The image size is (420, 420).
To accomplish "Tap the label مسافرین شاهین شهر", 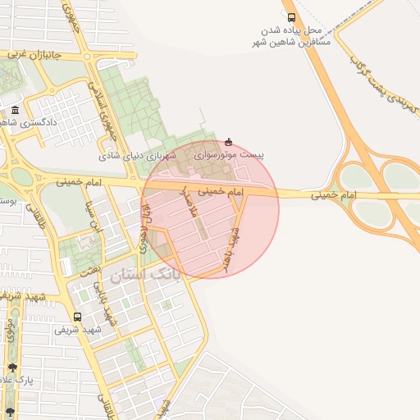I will tap(292, 42).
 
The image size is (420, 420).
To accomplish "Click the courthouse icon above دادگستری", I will tap(16, 110).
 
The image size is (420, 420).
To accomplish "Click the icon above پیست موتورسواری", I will tap(228, 141).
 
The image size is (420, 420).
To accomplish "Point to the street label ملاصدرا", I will tap(188, 203).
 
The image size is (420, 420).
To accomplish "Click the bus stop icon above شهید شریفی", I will tap(78, 317).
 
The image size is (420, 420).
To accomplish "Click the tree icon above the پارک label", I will tap(11, 368).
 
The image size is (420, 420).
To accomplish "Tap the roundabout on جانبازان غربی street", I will tap(84, 56).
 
